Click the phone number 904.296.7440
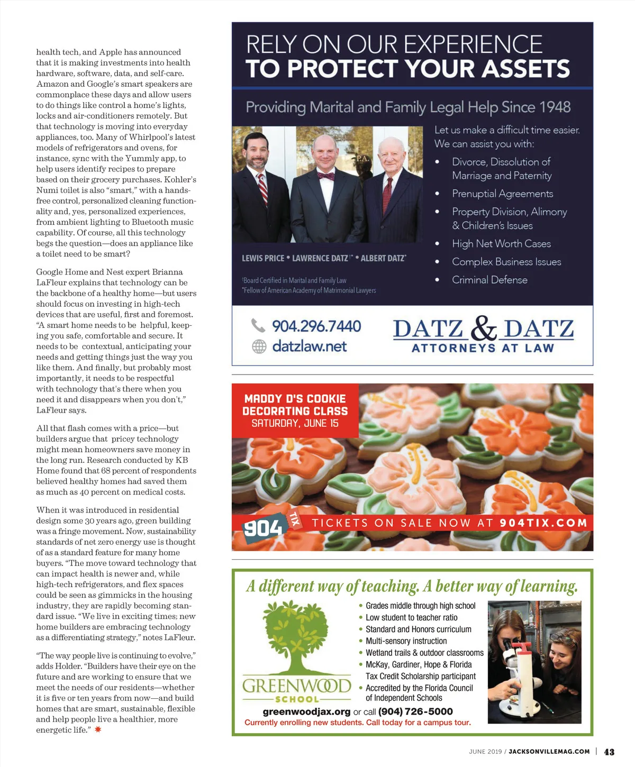(x=316, y=326)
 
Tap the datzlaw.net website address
(x=309, y=346)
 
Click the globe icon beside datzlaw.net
(x=259, y=346)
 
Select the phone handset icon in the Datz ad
(x=258, y=325)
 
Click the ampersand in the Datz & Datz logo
(x=483, y=328)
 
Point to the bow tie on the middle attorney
(x=325, y=176)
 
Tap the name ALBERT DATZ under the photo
(x=384, y=258)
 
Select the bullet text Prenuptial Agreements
(x=502, y=194)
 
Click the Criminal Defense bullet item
(x=489, y=280)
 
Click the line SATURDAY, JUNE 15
(x=295, y=423)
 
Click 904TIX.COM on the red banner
(x=543, y=523)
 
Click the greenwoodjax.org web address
(x=306, y=711)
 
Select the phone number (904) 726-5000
(x=415, y=711)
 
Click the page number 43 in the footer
(x=609, y=752)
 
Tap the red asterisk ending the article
(x=98, y=729)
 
